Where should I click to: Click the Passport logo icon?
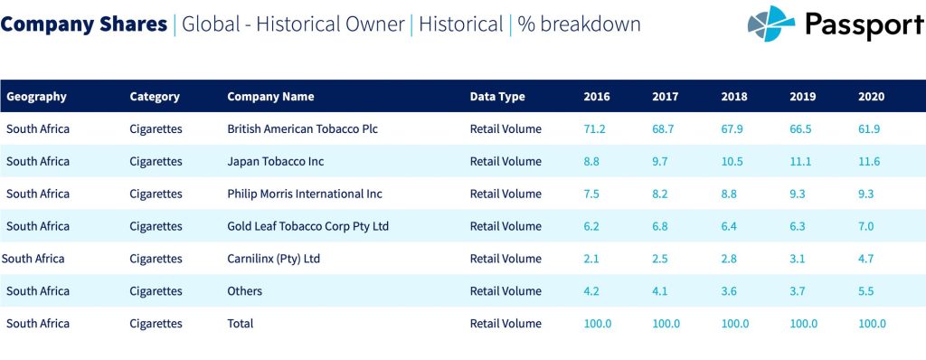pyautogui.click(x=771, y=24)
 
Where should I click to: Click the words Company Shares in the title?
pyautogui.click(x=84, y=24)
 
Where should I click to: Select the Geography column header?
pyautogui.click(x=36, y=97)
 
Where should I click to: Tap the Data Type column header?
pyautogui.click(x=497, y=97)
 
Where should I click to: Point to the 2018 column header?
pyautogui.click(x=734, y=97)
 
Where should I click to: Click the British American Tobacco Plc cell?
pyautogui.click(x=302, y=128)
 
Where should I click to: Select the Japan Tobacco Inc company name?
pyautogui.click(x=275, y=161)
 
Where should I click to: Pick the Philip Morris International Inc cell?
pyautogui.click(x=305, y=194)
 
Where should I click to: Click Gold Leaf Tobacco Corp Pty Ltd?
pyautogui.click(x=307, y=226)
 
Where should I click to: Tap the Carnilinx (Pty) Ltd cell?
pyautogui.click(x=273, y=259)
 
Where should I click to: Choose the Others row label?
pyautogui.click(x=244, y=291)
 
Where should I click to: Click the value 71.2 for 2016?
pyautogui.click(x=594, y=128)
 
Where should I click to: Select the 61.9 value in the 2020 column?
pyautogui.click(x=869, y=128)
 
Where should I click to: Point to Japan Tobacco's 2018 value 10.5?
pyautogui.click(x=732, y=161)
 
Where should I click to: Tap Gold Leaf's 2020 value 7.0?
pyautogui.click(x=866, y=226)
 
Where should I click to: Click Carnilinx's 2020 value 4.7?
pyautogui.click(x=866, y=259)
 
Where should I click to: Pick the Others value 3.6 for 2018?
pyautogui.click(x=730, y=291)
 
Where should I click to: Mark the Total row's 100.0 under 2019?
pyautogui.click(x=803, y=323)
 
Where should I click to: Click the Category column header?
pyautogui.click(x=155, y=97)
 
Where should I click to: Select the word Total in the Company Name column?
pyautogui.click(x=241, y=323)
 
